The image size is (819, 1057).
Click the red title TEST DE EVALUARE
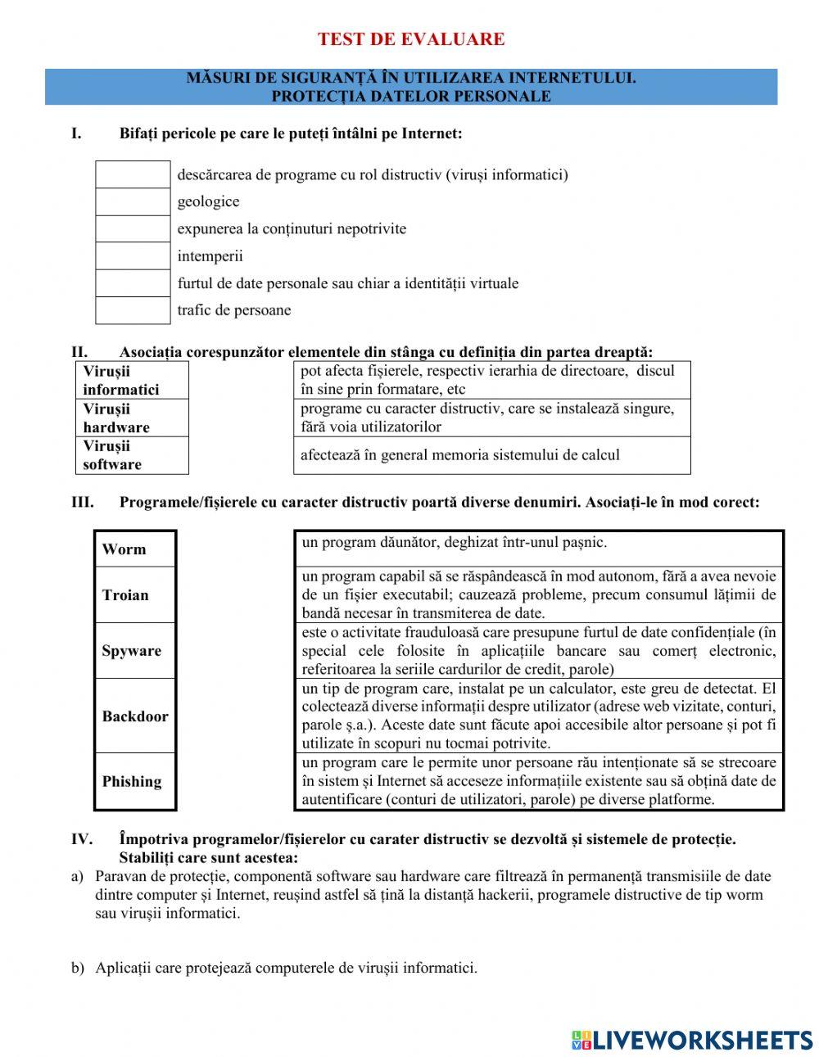point(410,38)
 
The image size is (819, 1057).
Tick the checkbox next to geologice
point(133,202)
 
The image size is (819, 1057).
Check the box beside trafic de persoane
point(133,310)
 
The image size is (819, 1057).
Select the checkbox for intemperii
point(133,256)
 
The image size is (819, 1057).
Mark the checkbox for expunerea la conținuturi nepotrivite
point(133,229)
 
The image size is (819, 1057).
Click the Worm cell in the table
point(135,549)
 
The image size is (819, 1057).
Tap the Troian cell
point(135,595)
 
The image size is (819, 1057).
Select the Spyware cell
point(135,651)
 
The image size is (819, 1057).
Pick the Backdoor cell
point(135,716)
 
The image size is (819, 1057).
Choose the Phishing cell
point(135,782)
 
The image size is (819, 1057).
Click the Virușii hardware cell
point(132,418)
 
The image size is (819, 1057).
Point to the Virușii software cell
point(132,455)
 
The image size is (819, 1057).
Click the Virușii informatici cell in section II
point(132,380)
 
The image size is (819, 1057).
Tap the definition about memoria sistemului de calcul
point(491,455)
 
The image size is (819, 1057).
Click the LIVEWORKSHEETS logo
point(692,1040)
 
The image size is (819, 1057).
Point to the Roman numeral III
point(82,503)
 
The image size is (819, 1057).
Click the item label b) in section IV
point(78,968)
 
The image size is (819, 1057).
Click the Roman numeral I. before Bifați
point(76,133)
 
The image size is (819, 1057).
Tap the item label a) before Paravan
point(78,877)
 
